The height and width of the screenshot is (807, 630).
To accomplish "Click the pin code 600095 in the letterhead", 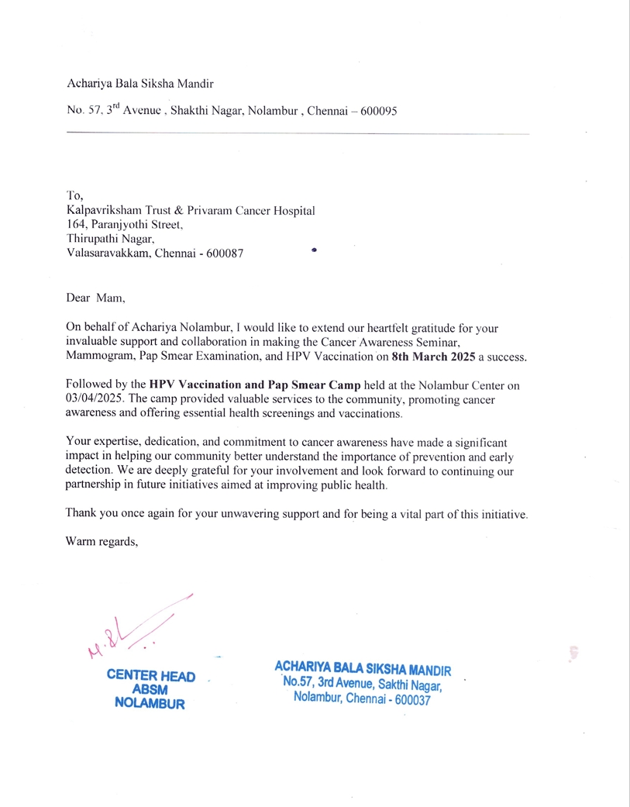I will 374,111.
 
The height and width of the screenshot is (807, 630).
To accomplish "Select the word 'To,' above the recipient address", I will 74,196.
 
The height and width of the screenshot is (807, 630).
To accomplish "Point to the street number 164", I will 75,225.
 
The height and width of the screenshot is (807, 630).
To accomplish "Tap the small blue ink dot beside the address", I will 314,250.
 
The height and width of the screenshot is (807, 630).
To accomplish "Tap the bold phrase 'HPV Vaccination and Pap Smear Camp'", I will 255,385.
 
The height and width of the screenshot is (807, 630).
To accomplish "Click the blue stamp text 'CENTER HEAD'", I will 150,675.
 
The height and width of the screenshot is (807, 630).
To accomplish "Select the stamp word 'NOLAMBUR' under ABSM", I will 150,705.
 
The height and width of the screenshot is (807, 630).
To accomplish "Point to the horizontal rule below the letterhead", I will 298,134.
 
